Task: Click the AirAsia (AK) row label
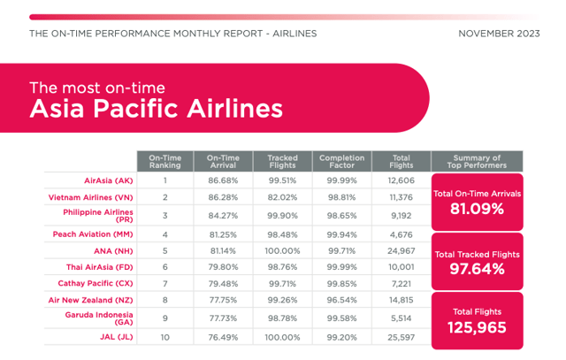109,180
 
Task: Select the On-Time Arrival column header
223,161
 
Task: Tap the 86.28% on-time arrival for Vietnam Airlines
223,197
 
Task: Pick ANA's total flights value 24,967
402,251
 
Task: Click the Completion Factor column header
342,161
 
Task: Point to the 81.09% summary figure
477,209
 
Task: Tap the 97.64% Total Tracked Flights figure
477,269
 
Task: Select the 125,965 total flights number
477,328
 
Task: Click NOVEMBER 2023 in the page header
499,34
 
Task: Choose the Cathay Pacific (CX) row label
96,283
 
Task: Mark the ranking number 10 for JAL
165,337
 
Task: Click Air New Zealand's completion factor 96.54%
342,300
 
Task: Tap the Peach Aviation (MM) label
93,234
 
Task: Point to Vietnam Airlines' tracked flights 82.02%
283,197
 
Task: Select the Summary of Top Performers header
477,161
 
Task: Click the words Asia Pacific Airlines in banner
156,108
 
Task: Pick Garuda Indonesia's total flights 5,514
402,318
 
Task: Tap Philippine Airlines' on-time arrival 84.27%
223,216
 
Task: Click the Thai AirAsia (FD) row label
100,267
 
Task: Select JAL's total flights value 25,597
402,337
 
